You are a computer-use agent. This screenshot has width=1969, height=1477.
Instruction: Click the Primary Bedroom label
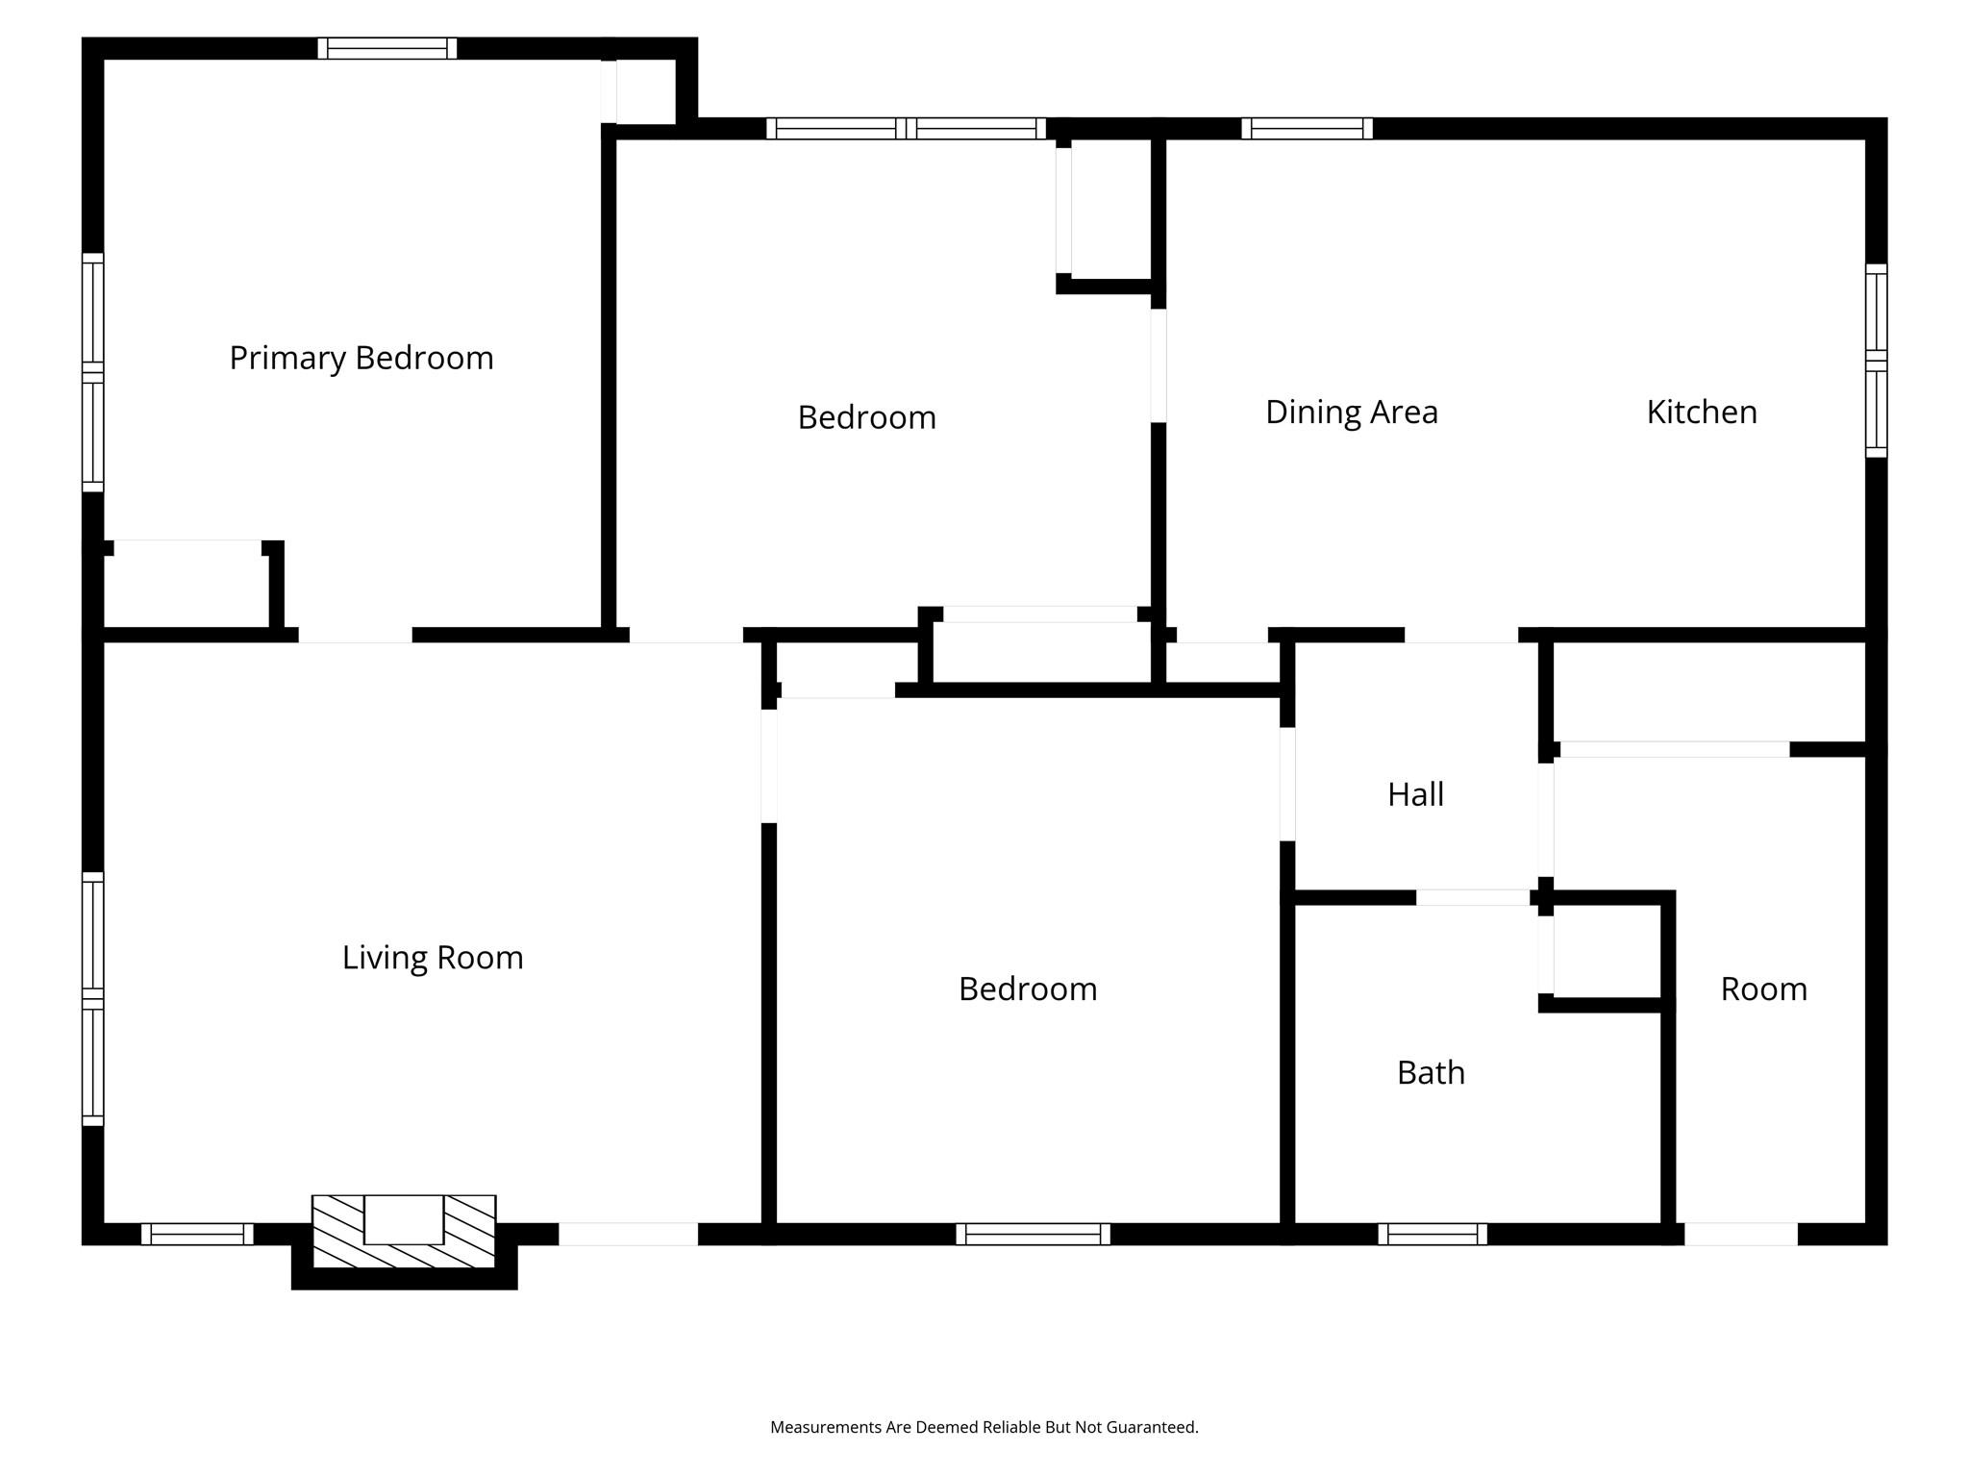coord(361,358)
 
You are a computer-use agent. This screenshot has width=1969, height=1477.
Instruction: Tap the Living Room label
coord(433,958)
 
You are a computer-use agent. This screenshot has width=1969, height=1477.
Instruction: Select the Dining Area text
coord(1351,412)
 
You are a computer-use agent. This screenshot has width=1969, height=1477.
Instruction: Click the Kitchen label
coord(1701,412)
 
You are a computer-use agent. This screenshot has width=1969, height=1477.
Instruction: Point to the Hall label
coord(1415,794)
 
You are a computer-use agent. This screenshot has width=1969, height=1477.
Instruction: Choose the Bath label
coord(1431,1072)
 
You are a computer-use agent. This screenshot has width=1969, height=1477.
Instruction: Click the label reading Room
coord(1763,989)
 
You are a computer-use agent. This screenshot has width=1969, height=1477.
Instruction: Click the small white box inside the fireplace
coord(404,1219)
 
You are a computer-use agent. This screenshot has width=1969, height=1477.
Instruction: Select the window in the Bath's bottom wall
coord(1433,1234)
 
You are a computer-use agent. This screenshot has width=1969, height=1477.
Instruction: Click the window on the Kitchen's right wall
coord(1876,361)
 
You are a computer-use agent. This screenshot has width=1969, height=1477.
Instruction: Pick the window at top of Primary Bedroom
coord(387,48)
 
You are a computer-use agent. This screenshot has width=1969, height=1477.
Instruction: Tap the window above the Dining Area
coord(1307,128)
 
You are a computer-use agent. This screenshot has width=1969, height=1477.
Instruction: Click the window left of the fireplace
coord(197,1234)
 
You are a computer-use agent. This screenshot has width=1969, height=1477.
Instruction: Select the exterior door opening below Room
coord(1740,1234)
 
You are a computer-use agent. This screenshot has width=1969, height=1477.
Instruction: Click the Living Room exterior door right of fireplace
coord(628,1234)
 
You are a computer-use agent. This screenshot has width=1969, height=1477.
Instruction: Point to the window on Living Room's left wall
coord(92,998)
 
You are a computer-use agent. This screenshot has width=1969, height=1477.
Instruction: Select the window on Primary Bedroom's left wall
coord(92,372)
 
